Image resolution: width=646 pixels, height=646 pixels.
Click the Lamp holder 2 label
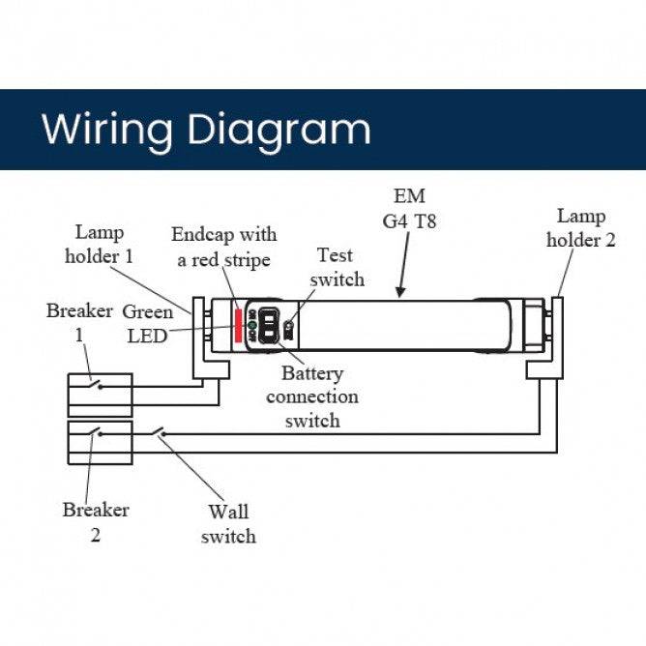tap(581, 228)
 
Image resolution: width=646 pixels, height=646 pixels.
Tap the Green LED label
tap(147, 324)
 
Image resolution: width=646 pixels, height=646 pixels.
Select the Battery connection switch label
tap(311, 396)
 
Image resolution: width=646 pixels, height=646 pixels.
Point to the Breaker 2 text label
tap(96, 521)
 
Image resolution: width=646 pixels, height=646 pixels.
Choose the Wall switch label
tap(228, 524)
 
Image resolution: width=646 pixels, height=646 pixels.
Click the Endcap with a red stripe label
tap(223, 247)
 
